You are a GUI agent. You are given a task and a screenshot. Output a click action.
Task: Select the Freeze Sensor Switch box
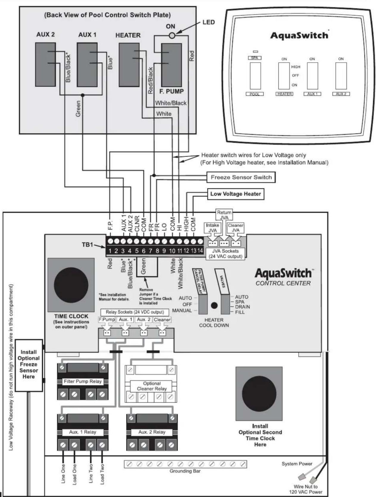pos(241,177)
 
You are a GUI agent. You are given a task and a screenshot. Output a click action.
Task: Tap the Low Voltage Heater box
pos(235,194)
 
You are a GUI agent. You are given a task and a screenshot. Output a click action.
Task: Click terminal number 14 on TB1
pos(200,251)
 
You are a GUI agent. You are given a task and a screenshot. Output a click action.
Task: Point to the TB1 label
pos(87,245)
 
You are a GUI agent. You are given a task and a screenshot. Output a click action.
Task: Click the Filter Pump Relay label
pos(83,382)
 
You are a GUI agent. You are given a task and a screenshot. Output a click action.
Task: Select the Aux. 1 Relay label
pos(83,432)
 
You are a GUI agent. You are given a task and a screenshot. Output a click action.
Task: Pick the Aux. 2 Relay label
pos(152,432)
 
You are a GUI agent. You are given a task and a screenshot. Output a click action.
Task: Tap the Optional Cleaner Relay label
pos(152,386)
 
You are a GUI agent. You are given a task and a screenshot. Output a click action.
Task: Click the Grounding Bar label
pos(185,471)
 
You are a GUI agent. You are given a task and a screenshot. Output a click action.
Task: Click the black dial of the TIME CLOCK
pos(71,285)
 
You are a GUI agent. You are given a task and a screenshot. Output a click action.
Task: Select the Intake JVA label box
pos(212,228)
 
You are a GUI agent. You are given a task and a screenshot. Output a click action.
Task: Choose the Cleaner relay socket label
pos(162,320)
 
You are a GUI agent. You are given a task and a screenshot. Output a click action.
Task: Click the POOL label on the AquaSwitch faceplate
pos(254,94)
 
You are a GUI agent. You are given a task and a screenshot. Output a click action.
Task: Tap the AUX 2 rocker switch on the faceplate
pos(341,76)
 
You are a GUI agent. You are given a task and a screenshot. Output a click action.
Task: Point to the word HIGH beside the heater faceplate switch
pos(296,67)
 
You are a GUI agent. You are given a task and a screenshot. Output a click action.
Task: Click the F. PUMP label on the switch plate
pos(171,92)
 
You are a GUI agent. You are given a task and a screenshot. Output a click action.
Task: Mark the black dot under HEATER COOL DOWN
pos(214,306)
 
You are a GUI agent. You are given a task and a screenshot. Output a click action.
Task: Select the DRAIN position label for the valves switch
pos(243,307)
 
